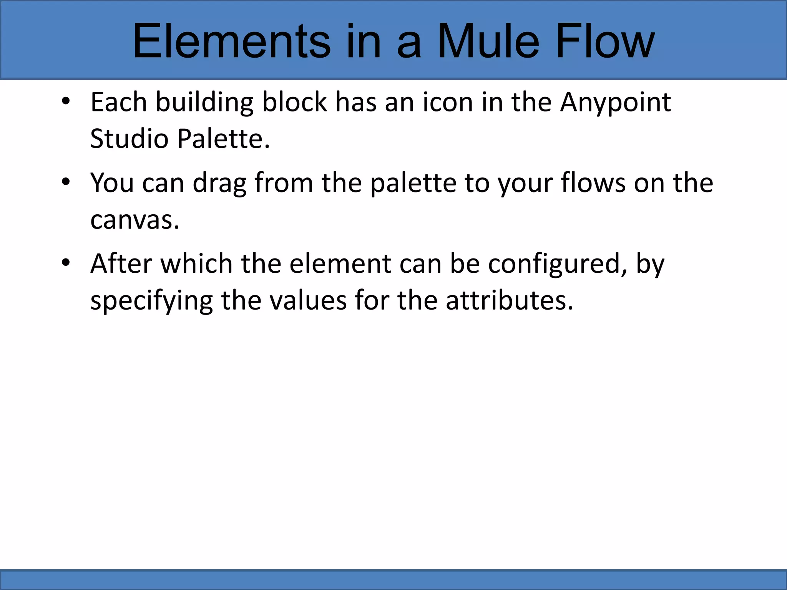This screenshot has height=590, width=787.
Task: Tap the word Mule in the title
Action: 488,41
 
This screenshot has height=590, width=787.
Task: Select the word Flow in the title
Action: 605,41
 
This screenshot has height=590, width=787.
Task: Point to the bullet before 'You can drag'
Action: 66,182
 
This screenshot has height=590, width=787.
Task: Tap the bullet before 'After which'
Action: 66,263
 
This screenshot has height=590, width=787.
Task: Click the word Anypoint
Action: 615,103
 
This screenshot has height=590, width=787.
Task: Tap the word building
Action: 204,103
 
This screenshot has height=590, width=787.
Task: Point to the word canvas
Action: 134,220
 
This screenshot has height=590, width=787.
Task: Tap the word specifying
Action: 151,301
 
